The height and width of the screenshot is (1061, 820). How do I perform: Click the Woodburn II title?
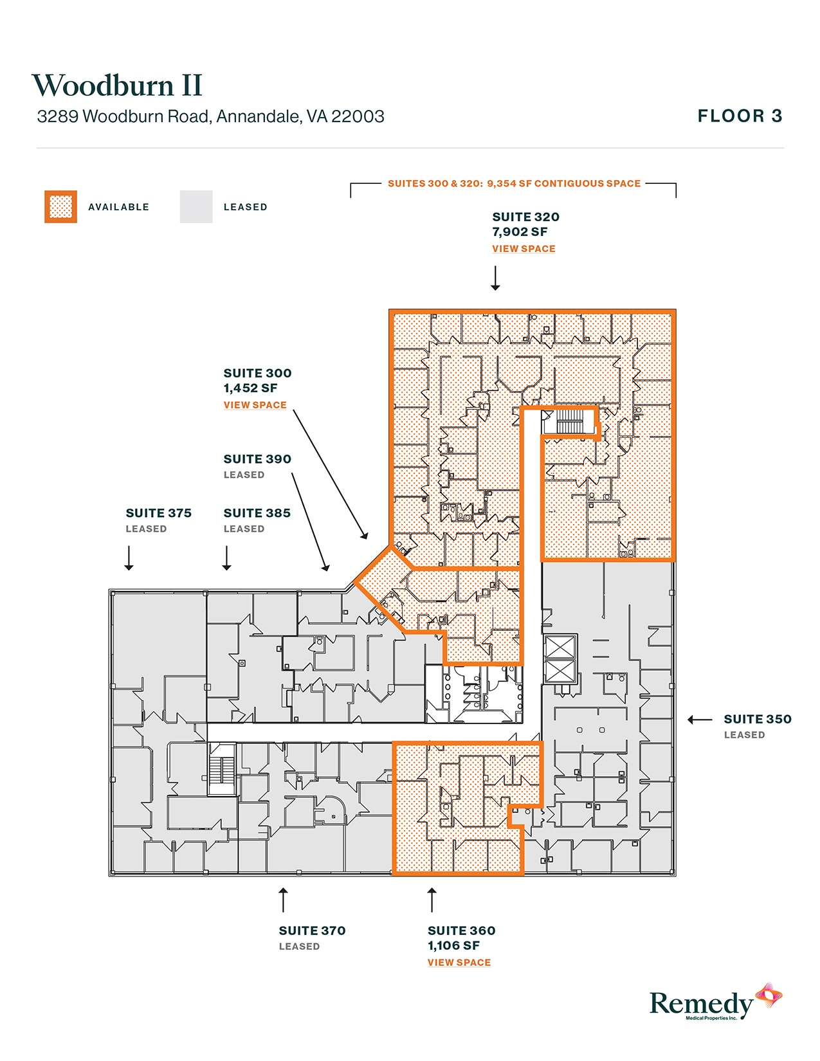coord(117,86)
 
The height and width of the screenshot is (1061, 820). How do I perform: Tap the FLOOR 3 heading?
coord(740,116)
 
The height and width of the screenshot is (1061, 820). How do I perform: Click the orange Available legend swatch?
coord(60,207)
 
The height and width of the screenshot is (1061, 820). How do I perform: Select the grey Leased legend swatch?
coord(196,207)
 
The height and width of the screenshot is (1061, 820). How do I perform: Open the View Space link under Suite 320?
coord(524,249)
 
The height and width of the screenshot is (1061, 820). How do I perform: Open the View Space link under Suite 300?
coord(255,405)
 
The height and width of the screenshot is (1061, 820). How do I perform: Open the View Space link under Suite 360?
coord(459,963)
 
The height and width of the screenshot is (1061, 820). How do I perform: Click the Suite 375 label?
coord(158,513)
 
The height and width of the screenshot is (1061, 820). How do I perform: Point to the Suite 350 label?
coord(757,720)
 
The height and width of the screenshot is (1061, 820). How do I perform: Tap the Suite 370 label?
coord(312,930)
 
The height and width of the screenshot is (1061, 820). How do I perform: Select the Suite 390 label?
coord(257,459)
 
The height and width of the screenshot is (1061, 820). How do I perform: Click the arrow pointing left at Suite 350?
coord(700,720)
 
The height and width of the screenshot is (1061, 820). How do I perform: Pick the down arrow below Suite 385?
coord(226,558)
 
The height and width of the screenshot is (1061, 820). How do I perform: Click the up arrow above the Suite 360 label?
coord(432,900)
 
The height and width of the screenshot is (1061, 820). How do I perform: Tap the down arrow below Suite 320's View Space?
coord(495,278)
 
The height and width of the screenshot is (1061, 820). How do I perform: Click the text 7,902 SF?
coord(520,232)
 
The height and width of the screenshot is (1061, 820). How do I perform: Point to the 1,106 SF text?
coord(453,946)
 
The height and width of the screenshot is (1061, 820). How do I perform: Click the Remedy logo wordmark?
coord(701,1004)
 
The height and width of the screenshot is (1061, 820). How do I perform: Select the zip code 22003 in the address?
coord(358,116)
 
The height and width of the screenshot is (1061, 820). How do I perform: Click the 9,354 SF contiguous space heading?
coord(514,184)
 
